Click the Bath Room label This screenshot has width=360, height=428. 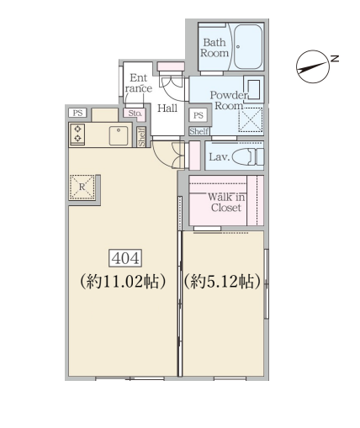pos(214,48)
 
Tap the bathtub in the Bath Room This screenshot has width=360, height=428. pos(248,47)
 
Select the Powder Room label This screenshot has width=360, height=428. pos(229,100)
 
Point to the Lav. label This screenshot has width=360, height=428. pos(219,157)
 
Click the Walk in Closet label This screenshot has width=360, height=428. pos(226,203)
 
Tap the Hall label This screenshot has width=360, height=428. pos(167,108)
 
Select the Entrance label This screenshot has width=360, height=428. pos(139,83)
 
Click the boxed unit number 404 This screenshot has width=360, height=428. pos(125,258)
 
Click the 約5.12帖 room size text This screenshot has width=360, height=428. pos(221,282)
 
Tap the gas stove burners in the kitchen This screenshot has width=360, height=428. pos(77,134)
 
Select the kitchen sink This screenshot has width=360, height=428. pos(119,135)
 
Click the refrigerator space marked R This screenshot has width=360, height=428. pos(82,187)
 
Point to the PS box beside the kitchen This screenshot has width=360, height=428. pos(77,113)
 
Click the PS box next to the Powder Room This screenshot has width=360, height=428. pos(199,115)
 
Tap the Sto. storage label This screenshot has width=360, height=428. pos(135,114)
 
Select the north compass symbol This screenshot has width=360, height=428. pos(313,66)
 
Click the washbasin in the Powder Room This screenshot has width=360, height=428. pos(254,90)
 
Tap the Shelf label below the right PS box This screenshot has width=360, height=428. pos(199,131)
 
